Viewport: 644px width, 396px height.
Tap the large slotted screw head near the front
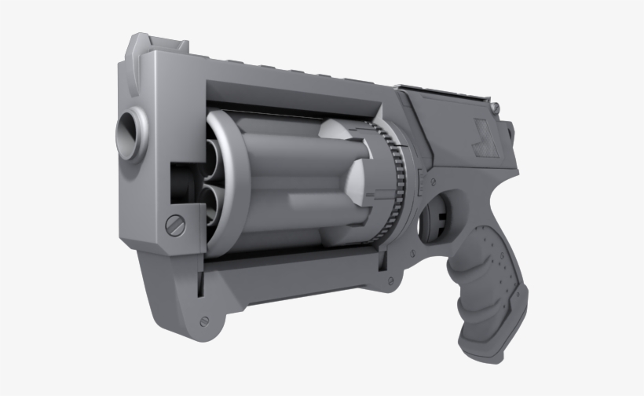(174, 225)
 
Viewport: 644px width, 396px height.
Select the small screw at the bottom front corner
(204, 321)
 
